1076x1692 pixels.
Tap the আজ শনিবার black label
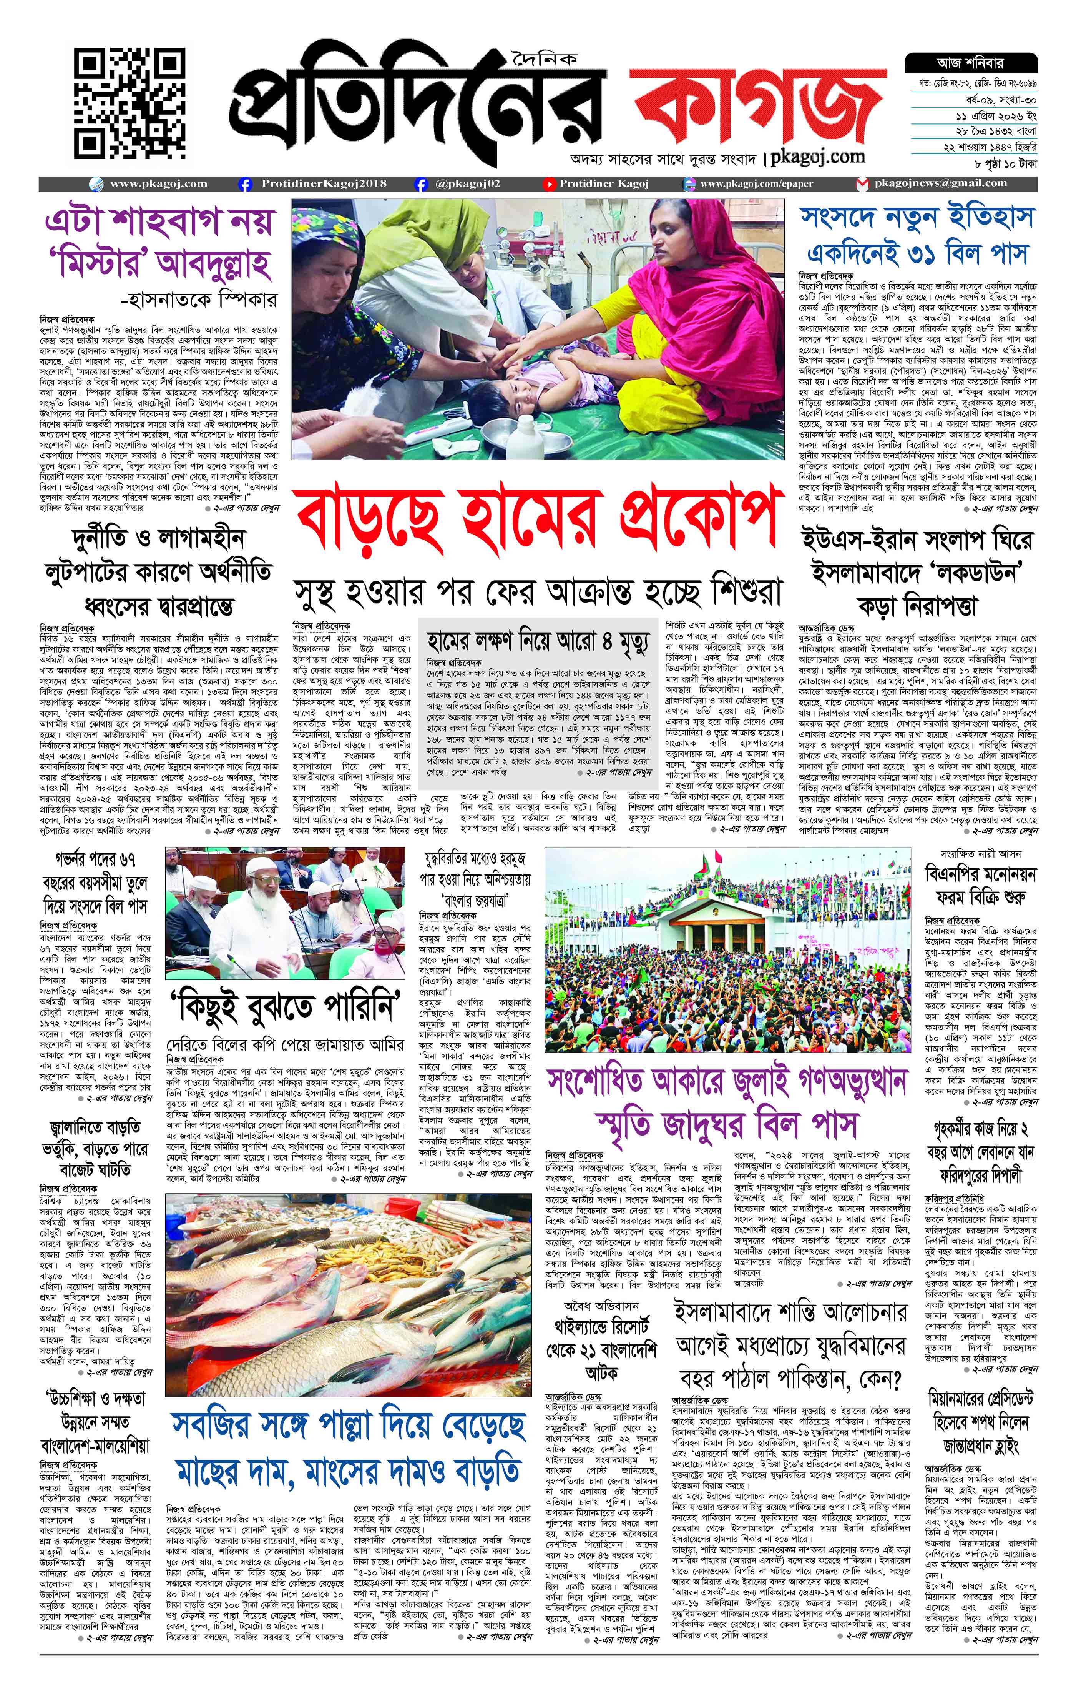[x=970, y=63]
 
